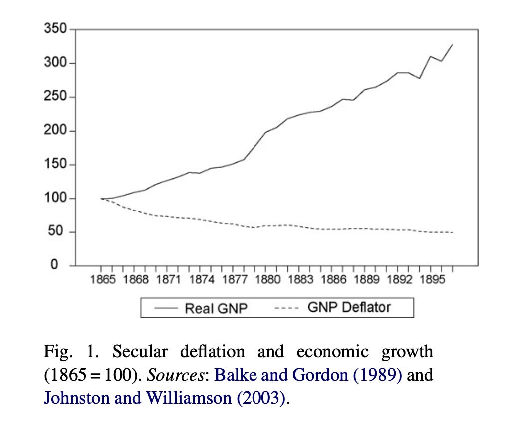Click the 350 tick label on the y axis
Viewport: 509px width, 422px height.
click(56, 29)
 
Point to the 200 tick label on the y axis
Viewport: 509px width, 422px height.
click(56, 131)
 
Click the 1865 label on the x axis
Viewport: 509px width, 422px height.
click(103, 280)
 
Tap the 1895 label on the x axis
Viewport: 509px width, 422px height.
click(432, 280)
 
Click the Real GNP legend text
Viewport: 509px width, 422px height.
click(216, 308)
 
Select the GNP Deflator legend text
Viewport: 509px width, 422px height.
click(349, 307)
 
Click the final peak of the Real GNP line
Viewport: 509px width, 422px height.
click(452, 44)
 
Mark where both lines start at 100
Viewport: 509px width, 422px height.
click(101, 199)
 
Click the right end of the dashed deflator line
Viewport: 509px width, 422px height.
click(452, 233)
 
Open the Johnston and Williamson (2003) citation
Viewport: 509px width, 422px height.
click(166, 398)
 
